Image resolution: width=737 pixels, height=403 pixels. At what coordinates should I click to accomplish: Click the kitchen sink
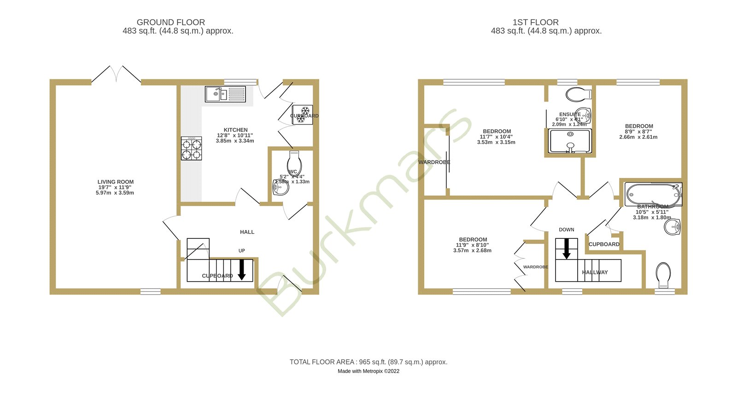point(225,94)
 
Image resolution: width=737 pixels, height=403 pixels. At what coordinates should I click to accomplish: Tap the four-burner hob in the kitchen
point(191,148)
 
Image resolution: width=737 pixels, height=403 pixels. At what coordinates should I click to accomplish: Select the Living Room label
point(116,182)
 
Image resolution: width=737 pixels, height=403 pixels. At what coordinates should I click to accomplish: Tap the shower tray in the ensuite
point(570,141)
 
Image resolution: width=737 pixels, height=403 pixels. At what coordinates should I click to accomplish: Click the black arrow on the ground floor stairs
point(241,270)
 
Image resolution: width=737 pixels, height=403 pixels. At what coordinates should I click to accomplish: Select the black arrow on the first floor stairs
point(567,249)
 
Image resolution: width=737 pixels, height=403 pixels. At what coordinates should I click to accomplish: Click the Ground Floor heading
point(171,22)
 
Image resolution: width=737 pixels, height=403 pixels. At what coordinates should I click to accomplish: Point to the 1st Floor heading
point(535,22)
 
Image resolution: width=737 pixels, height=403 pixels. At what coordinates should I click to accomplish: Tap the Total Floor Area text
point(368,362)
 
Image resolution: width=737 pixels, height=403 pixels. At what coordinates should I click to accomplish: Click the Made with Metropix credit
point(368,371)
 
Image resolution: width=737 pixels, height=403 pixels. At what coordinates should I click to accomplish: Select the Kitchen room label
point(235,130)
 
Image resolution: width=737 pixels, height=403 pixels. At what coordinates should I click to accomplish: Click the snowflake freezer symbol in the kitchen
point(303,115)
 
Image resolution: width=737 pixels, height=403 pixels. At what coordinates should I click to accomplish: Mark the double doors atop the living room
point(116,75)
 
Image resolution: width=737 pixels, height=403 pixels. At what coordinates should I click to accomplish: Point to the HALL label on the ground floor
point(247,232)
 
